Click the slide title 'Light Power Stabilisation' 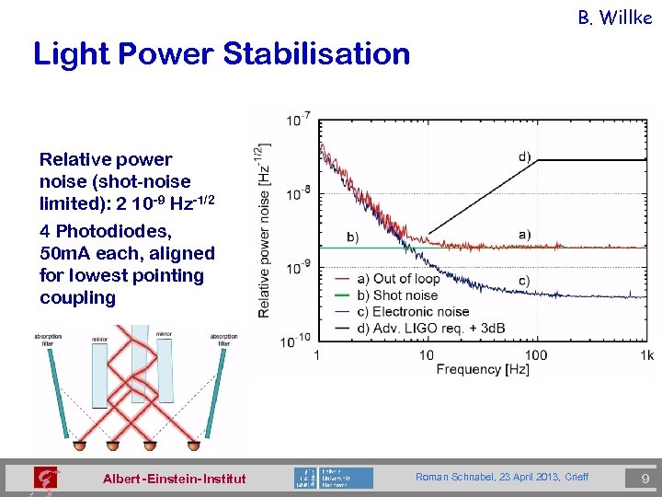[222, 54]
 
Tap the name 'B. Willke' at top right [614, 17]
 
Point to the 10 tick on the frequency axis [427, 355]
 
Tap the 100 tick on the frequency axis [536, 355]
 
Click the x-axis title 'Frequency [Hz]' [483, 370]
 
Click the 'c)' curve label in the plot [524, 280]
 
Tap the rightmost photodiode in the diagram [194, 446]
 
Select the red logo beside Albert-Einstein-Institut [44, 478]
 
